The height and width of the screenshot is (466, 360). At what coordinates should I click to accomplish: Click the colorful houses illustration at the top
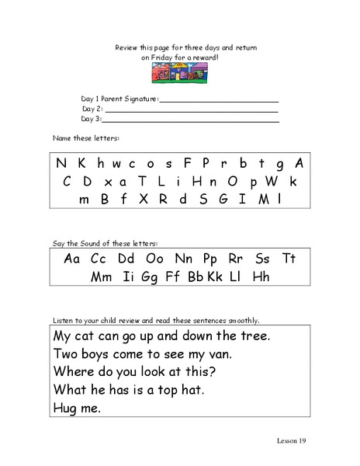point(181,74)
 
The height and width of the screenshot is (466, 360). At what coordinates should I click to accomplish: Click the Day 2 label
point(92,110)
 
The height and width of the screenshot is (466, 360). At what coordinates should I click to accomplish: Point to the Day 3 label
point(92,120)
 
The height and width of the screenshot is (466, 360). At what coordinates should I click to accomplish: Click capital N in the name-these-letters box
point(60,164)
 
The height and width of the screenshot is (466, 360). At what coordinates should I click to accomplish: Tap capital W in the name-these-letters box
point(272,181)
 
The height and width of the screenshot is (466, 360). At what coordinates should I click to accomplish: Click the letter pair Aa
point(73,259)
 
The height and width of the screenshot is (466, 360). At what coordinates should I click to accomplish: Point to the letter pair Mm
point(101,276)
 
